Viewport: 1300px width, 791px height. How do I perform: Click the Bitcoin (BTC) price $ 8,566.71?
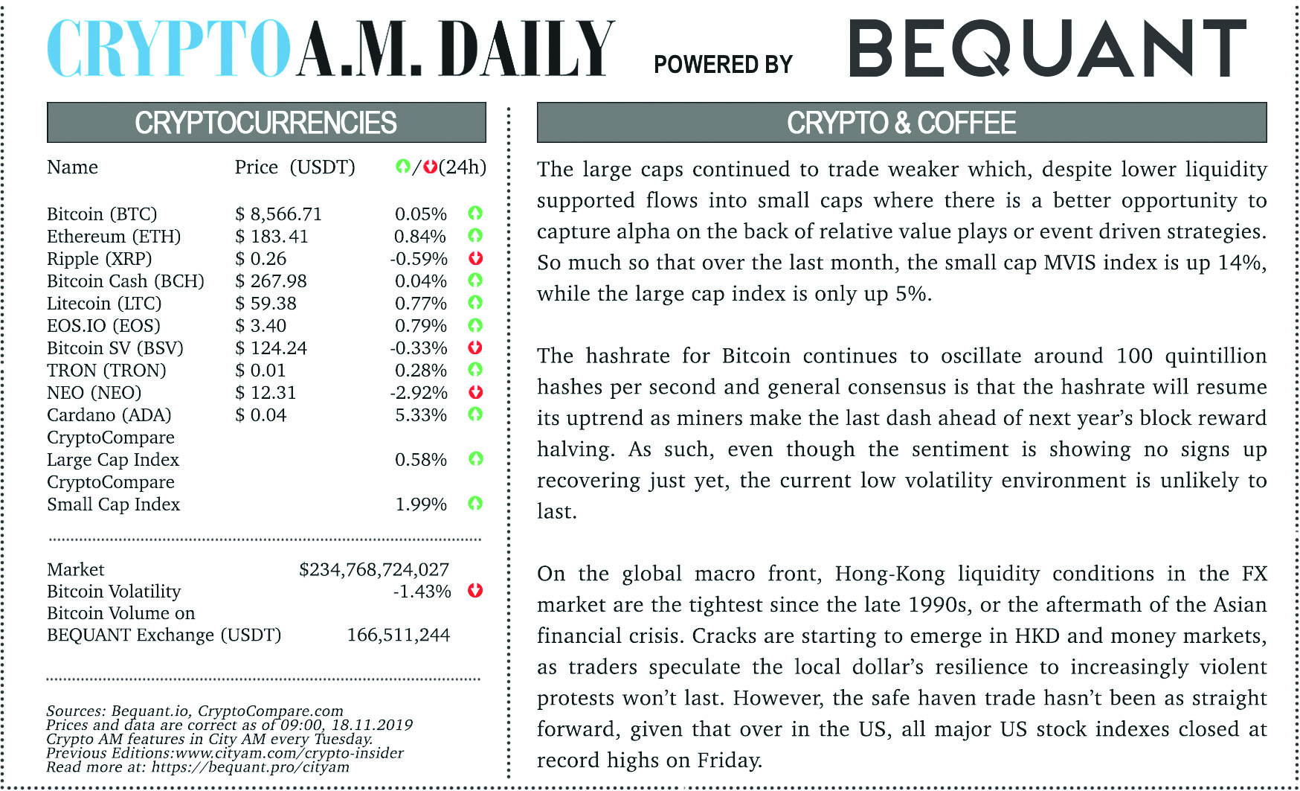tap(278, 214)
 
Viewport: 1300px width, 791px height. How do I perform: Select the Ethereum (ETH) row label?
tap(114, 237)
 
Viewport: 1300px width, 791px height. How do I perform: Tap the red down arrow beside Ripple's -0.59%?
tap(475, 258)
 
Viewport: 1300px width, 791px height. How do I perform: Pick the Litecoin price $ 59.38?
tap(266, 304)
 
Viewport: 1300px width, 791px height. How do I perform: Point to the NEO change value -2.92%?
tap(419, 393)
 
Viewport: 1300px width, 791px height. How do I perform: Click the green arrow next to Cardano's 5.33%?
tap(475, 414)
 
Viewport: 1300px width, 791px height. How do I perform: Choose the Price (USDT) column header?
tap(295, 167)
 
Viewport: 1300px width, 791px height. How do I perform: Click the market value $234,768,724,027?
tap(374, 569)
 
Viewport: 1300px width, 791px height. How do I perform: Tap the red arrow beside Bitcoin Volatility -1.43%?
tap(475, 591)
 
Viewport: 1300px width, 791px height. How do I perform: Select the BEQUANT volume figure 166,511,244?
tap(398, 635)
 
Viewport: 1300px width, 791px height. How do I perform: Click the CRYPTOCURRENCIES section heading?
tap(266, 123)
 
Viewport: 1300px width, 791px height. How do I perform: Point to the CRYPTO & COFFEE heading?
tap(901, 123)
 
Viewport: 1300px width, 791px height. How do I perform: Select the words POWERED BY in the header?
tap(723, 65)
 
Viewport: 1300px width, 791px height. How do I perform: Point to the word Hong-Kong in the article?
tap(889, 574)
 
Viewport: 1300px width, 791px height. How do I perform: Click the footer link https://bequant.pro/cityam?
tap(250, 766)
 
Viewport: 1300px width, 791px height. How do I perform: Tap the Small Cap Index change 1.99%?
tap(420, 505)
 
